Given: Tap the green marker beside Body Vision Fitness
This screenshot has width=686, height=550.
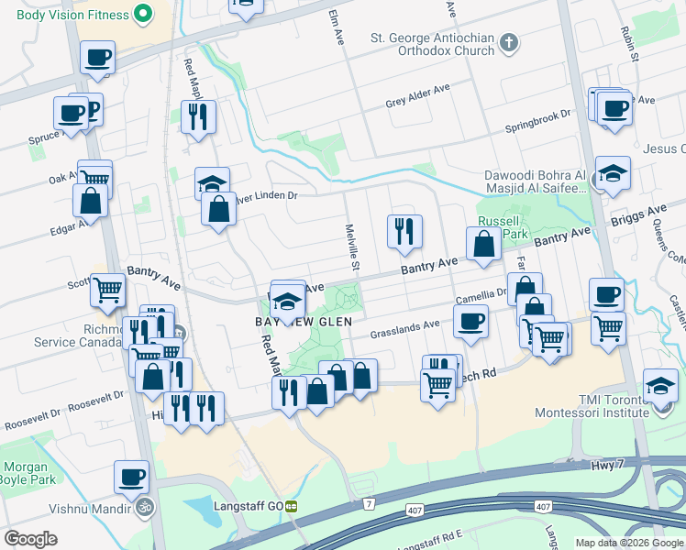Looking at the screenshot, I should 143,15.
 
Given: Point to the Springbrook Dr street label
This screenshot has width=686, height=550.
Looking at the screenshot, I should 541,115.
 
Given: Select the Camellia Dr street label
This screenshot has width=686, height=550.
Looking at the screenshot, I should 481,295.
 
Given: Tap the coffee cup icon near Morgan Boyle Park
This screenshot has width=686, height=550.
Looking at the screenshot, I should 131,477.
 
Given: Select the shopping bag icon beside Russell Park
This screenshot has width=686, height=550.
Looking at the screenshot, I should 482,244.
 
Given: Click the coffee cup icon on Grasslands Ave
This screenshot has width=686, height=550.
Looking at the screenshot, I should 470,322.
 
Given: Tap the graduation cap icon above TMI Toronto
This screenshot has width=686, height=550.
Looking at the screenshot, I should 661,384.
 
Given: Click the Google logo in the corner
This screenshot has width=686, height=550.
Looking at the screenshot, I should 31,539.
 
